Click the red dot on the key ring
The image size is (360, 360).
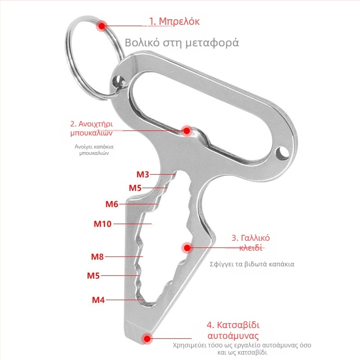(x=102, y=26)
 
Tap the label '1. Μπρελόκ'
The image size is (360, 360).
(x=174, y=21)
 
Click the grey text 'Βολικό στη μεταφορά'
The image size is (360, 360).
(x=182, y=43)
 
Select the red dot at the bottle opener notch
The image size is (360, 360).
(x=187, y=131)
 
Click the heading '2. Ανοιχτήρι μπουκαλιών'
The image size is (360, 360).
(x=92, y=128)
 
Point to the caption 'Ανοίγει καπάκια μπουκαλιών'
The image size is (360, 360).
(x=94, y=150)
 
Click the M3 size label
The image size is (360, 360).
(x=143, y=175)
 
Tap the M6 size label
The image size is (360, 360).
(x=112, y=204)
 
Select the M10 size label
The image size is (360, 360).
(x=103, y=224)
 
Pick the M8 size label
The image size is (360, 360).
(x=97, y=256)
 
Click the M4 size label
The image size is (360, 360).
(x=98, y=300)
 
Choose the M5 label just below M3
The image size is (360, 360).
(x=135, y=188)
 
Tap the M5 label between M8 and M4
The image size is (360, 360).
(x=93, y=275)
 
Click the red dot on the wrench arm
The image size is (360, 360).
(x=187, y=248)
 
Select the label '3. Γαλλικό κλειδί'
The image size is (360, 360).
(x=251, y=243)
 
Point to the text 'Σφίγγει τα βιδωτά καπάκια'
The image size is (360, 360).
(x=252, y=264)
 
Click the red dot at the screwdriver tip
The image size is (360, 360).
(x=147, y=338)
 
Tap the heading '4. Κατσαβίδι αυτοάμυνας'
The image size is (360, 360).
(x=233, y=330)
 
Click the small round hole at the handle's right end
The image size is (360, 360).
(x=282, y=153)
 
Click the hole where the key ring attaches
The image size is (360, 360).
(x=118, y=81)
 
